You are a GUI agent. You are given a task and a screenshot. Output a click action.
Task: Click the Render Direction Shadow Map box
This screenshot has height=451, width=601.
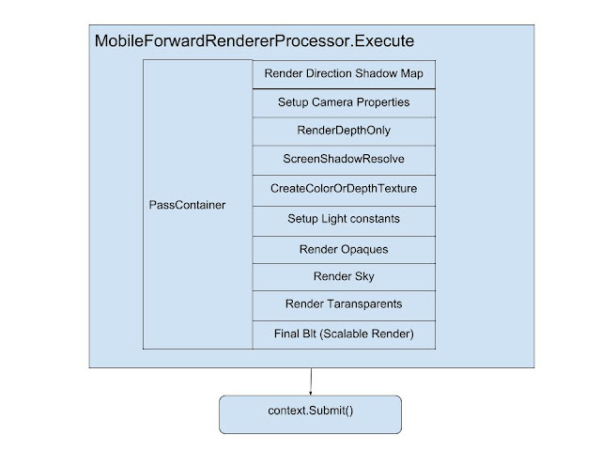point(344,74)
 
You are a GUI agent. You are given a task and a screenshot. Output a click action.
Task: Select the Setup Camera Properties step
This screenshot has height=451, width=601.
point(344,103)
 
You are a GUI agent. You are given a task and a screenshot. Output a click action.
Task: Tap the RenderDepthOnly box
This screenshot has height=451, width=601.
point(344,132)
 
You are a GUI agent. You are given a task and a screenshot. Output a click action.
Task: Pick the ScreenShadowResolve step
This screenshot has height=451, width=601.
point(344,161)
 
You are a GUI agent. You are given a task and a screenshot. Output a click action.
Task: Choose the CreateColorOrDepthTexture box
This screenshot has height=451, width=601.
point(344,191)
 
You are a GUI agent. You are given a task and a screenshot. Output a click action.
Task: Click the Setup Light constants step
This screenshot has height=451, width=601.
point(344,222)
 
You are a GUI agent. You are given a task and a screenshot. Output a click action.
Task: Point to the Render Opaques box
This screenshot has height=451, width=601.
point(344,250)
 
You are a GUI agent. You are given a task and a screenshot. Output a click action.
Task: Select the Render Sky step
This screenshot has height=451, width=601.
point(344,277)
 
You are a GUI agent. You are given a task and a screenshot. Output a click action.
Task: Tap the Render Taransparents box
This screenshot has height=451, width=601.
point(344,306)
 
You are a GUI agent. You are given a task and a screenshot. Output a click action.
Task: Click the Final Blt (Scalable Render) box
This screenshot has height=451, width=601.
point(344,334)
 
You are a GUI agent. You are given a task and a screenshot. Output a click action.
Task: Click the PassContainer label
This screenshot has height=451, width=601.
point(187,205)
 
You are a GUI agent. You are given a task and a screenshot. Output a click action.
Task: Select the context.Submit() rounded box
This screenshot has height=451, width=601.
point(311,414)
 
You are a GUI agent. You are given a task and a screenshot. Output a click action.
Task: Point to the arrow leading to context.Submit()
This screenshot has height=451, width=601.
point(311,381)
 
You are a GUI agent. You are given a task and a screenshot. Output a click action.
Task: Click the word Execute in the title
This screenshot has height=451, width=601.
point(384,41)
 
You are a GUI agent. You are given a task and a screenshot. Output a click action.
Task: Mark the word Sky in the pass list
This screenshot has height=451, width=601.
point(363,277)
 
